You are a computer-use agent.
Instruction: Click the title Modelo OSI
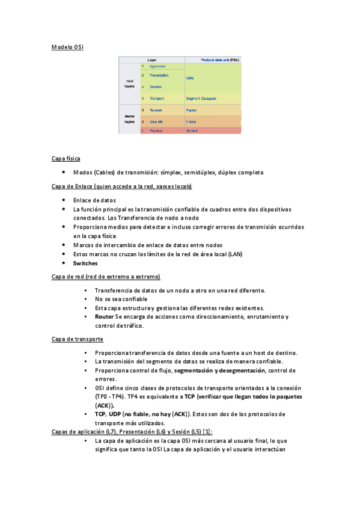(x=67, y=46)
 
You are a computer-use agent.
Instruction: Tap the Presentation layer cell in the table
(x=159, y=76)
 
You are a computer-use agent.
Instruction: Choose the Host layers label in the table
(x=129, y=84)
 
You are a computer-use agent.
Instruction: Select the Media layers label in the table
(x=129, y=118)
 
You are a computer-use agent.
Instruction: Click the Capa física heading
(x=66, y=159)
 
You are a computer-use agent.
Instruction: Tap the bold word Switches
(x=85, y=263)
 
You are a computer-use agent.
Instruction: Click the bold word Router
(x=104, y=316)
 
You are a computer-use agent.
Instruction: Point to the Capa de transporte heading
(x=78, y=339)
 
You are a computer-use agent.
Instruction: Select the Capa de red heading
(x=106, y=277)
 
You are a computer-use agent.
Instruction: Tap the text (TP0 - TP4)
(x=111, y=397)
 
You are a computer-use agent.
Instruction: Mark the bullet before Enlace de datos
(x=64, y=200)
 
